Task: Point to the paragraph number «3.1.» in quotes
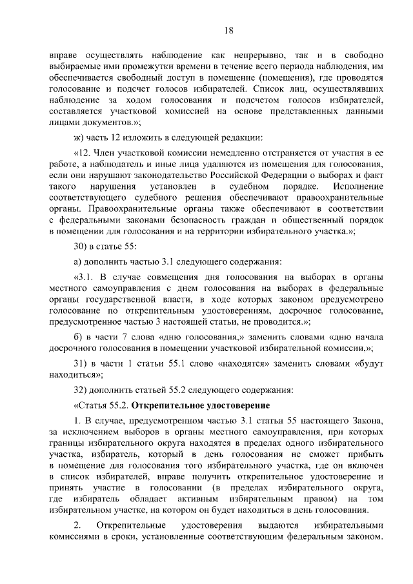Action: pos(87,277)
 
